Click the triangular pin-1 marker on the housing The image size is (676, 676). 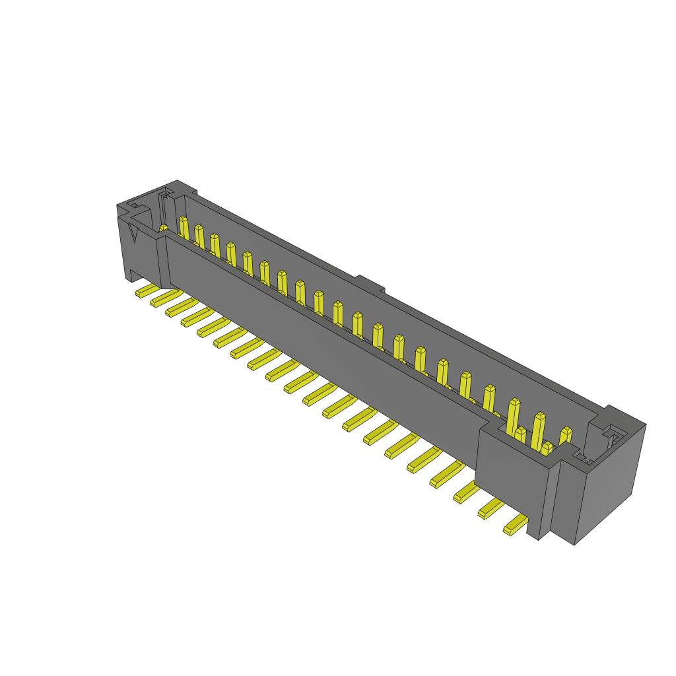134,232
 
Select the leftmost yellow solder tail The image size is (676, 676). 147,290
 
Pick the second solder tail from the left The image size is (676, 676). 166,298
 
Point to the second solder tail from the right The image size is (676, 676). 490,509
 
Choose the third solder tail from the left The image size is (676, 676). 181,307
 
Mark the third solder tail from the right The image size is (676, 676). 467,492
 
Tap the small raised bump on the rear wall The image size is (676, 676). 369,285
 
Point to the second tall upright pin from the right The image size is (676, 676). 539,430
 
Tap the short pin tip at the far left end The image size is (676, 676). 163,228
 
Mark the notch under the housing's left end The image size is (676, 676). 138,275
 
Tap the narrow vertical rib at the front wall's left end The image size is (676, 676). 163,263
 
